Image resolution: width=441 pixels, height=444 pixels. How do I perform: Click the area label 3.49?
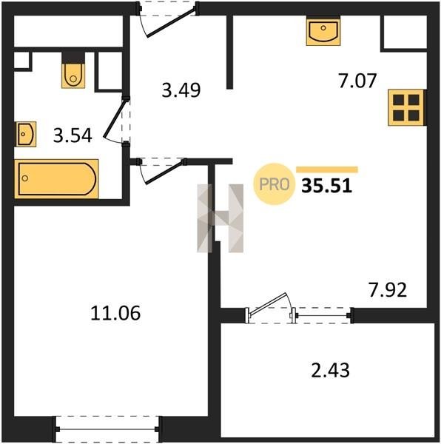pyautogui.click(x=181, y=90)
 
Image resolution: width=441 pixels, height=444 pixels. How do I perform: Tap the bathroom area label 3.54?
pyautogui.click(x=73, y=135)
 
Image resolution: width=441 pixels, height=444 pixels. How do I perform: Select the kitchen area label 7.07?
pyautogui.click(x=357, y=81)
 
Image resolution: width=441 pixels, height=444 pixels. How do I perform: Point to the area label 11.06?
pyautogui.click(x=115, y=313)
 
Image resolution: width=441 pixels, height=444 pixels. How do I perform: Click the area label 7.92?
pyautogui.click(x=388, y=289)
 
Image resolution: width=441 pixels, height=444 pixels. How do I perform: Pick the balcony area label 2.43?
pyautogui.click(x=330, y=370)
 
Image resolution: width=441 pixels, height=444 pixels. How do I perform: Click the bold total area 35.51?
pyautogui.click(x=326, y=186)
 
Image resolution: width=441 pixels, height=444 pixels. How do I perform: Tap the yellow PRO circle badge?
pyautogui.click(x=274, y=184)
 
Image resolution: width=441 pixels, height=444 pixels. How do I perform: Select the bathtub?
pyautogui.click(x=57, y=179)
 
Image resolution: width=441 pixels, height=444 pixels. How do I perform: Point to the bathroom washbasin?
pyautogui.click(x=26, y=134)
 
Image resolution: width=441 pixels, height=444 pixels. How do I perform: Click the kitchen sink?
pyautogui.click(x=323, y=30)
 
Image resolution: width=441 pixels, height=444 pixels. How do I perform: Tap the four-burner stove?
pyautogui.click(x=406, y=107)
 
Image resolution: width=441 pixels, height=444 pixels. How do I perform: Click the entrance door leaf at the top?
pyautogui.click(x=171, y=22)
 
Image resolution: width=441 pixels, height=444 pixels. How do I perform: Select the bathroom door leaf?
pyautogui.click(x=115, y=118)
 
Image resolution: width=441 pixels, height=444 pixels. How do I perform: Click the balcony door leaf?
pyautogui.click(x=268, y=303)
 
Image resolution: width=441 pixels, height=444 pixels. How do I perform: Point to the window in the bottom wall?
pyautogui.click(x=107, y=429)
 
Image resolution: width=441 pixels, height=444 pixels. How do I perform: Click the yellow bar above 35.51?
pyautogui.click(x=327, y=169)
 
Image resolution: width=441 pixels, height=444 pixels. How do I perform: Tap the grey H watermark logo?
pyautogui.click(x=220, y=218)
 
